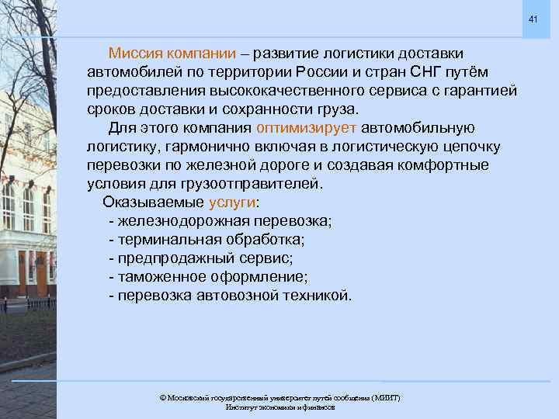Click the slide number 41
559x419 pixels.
pyautogui.click(x=533, y=18)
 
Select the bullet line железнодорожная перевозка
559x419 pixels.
pyautogui.click(x=220, y=221)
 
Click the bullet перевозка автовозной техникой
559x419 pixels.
pyautogui.click(x=231, y=296)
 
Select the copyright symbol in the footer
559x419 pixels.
pyautogui.click(x=162, y=397)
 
